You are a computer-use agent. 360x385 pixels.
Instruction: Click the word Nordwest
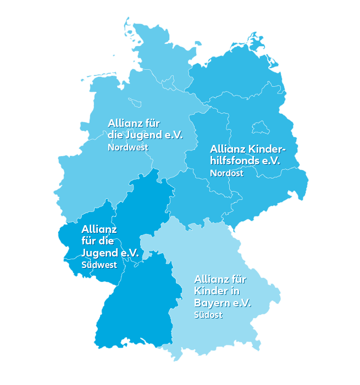(x=128, y=147)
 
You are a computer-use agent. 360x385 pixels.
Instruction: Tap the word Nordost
(x=226, y=173)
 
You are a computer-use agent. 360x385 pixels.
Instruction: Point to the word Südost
(x=208, y=315)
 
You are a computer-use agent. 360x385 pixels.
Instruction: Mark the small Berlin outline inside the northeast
(x=259, y=129)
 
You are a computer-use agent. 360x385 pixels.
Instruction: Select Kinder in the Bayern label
(x=211, y=291)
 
